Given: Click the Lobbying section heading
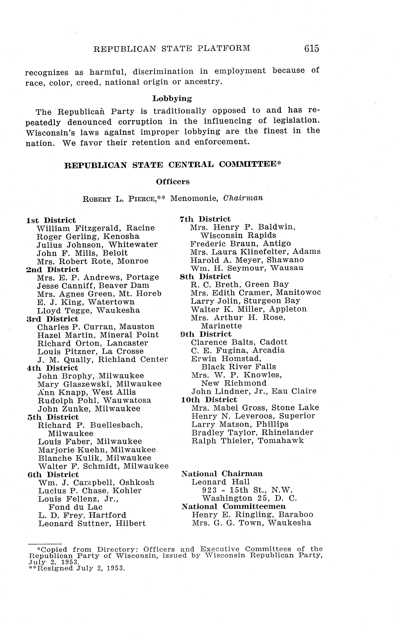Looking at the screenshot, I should [172, 99].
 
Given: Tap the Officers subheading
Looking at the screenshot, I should [173, 182].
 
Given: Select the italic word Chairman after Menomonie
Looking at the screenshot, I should [243, 198].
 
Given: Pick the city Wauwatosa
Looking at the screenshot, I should [127, 400].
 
